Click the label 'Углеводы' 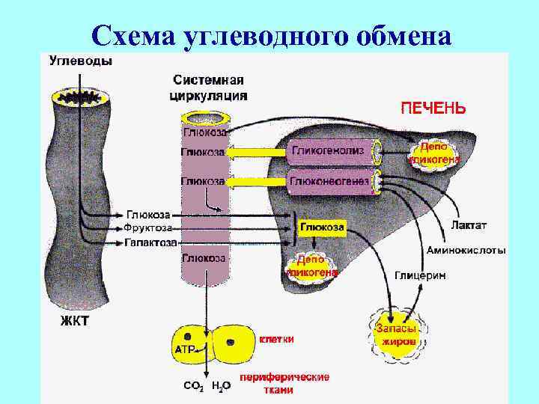pos(81,62)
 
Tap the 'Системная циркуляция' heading pos(210,88)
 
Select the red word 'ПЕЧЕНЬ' pos(433,108)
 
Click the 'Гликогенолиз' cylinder pos(329,151)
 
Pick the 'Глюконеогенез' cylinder pos(329,180)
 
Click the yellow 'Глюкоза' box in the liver pos(323,226)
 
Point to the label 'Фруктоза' pos(148,227)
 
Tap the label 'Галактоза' pos(150,242)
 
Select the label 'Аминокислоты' pos(466,250)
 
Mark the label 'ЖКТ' pos(74,322)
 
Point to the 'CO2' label pos(193,386)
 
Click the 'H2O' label pos(221,386)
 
